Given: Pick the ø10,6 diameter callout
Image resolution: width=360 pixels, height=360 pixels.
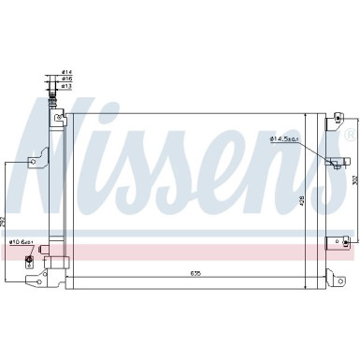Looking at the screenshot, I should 21,218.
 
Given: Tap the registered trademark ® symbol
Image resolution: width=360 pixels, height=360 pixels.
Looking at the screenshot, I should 349,137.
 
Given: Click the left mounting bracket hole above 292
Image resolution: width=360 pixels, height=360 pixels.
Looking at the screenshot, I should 35,160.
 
